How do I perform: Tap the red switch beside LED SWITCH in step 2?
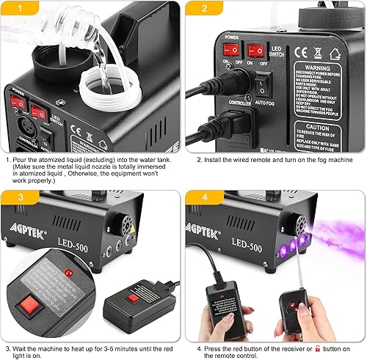[x=255, y=51]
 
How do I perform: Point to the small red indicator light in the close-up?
[x=68, y=272]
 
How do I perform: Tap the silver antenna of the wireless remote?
[x=280, y=272]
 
